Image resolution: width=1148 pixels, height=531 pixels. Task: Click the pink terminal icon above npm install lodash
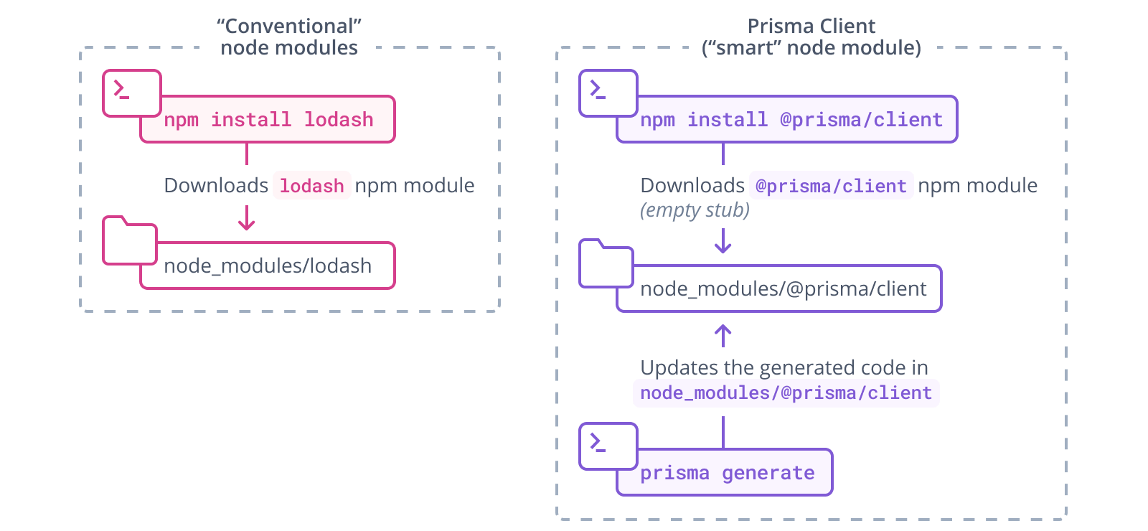click(x=131, y=93)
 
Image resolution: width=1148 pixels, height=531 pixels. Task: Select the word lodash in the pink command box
click(x=338, y=119)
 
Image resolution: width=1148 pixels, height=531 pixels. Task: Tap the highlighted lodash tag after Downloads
click(x=311, y=186)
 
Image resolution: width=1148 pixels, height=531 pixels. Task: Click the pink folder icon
click(x=130, y=242)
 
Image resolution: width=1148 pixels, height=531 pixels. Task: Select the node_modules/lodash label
click(x=268, y=266)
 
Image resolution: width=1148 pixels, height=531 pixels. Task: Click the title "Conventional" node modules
click(x=289, y=37)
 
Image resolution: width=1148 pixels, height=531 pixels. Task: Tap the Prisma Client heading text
click(x=811, y=27)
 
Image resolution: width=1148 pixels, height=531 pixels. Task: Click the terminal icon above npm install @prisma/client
click(x=608, y=93)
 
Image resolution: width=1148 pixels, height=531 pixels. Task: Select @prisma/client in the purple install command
click(x=861, y=119)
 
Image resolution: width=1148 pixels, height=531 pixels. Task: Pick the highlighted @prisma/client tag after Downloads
click(x=831, y=186)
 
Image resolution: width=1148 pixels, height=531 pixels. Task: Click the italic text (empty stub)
click(x=695, y=210)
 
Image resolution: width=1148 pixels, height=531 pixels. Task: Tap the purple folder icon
click(x=606, y=265)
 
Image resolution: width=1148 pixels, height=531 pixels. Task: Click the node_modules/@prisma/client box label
click(x=783, y=289)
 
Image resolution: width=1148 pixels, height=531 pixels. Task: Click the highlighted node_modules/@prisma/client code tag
click(x=786, y=393)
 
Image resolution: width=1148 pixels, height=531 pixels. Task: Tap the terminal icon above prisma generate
click(x=608, y=446)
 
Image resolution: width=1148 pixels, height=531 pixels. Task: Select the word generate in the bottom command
click(x=768, y=473)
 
